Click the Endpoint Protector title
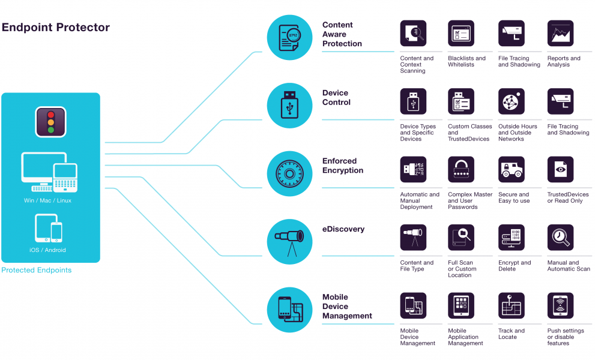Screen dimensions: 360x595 click(56, 28)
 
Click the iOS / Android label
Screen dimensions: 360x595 click(47, 250)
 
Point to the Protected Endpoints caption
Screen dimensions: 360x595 click(37, 270)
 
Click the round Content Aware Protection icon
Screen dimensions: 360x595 click(289, 37)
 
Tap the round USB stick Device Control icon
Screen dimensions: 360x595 click(289, 106)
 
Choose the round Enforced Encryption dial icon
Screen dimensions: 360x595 click(289, 173)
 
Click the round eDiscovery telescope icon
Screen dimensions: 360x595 click(289, 242)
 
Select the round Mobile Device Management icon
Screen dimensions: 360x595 click(289, 310)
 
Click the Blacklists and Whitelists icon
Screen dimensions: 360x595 click(461, 34)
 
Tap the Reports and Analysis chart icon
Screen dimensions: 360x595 click(560, 34)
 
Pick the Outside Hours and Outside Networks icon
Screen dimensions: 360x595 click(512, 101)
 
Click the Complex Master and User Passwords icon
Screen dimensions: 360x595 click(461, 170)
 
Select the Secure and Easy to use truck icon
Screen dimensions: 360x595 click(512, 170)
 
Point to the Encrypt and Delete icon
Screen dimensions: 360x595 click(512, 238)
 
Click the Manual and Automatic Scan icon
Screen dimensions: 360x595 click(560, 238)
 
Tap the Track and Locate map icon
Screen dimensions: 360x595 click(512, 305)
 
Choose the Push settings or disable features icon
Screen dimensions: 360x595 click(560, 305)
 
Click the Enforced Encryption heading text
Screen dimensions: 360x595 click(343, 166)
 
